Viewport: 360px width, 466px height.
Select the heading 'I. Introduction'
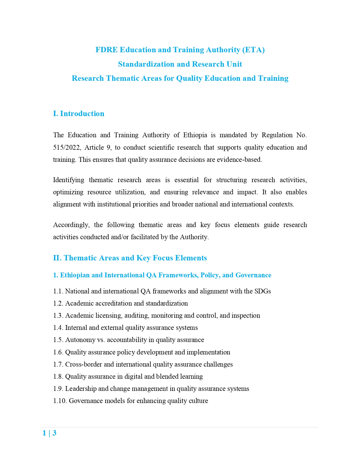78,114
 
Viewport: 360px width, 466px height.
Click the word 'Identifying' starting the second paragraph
69,180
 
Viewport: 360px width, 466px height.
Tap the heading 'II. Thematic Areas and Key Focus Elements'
130,258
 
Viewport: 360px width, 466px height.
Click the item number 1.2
58,303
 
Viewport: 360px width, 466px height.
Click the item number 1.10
60,401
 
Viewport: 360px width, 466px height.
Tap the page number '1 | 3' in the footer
49,433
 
